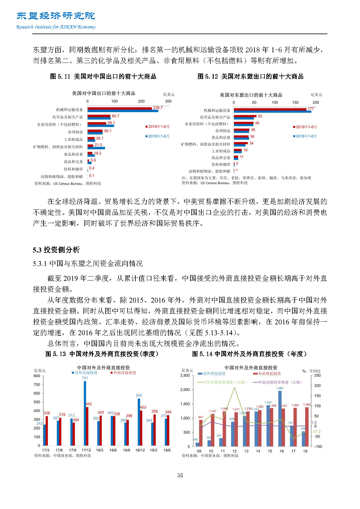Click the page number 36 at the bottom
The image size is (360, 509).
point(180,475)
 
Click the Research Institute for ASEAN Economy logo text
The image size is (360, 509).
point(56,27)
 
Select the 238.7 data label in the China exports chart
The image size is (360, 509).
point(157,108)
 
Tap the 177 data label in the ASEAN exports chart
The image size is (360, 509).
point(310,109)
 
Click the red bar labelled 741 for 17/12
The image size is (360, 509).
point(85,411)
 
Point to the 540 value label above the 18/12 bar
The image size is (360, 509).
point(139,395)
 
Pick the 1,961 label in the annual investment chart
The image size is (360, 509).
point(280,388)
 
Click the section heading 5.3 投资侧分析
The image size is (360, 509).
point(56,250)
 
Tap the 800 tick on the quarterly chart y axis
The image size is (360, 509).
point(37,376)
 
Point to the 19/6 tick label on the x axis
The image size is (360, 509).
point(167,450)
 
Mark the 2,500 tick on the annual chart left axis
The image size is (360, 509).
point(185,375)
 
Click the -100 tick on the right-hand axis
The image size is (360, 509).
point(318,446)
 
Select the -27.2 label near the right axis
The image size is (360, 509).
point(316,432)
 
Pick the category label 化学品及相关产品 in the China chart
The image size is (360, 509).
point(67,117)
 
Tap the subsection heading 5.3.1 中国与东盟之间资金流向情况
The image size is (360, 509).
point(88,264)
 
